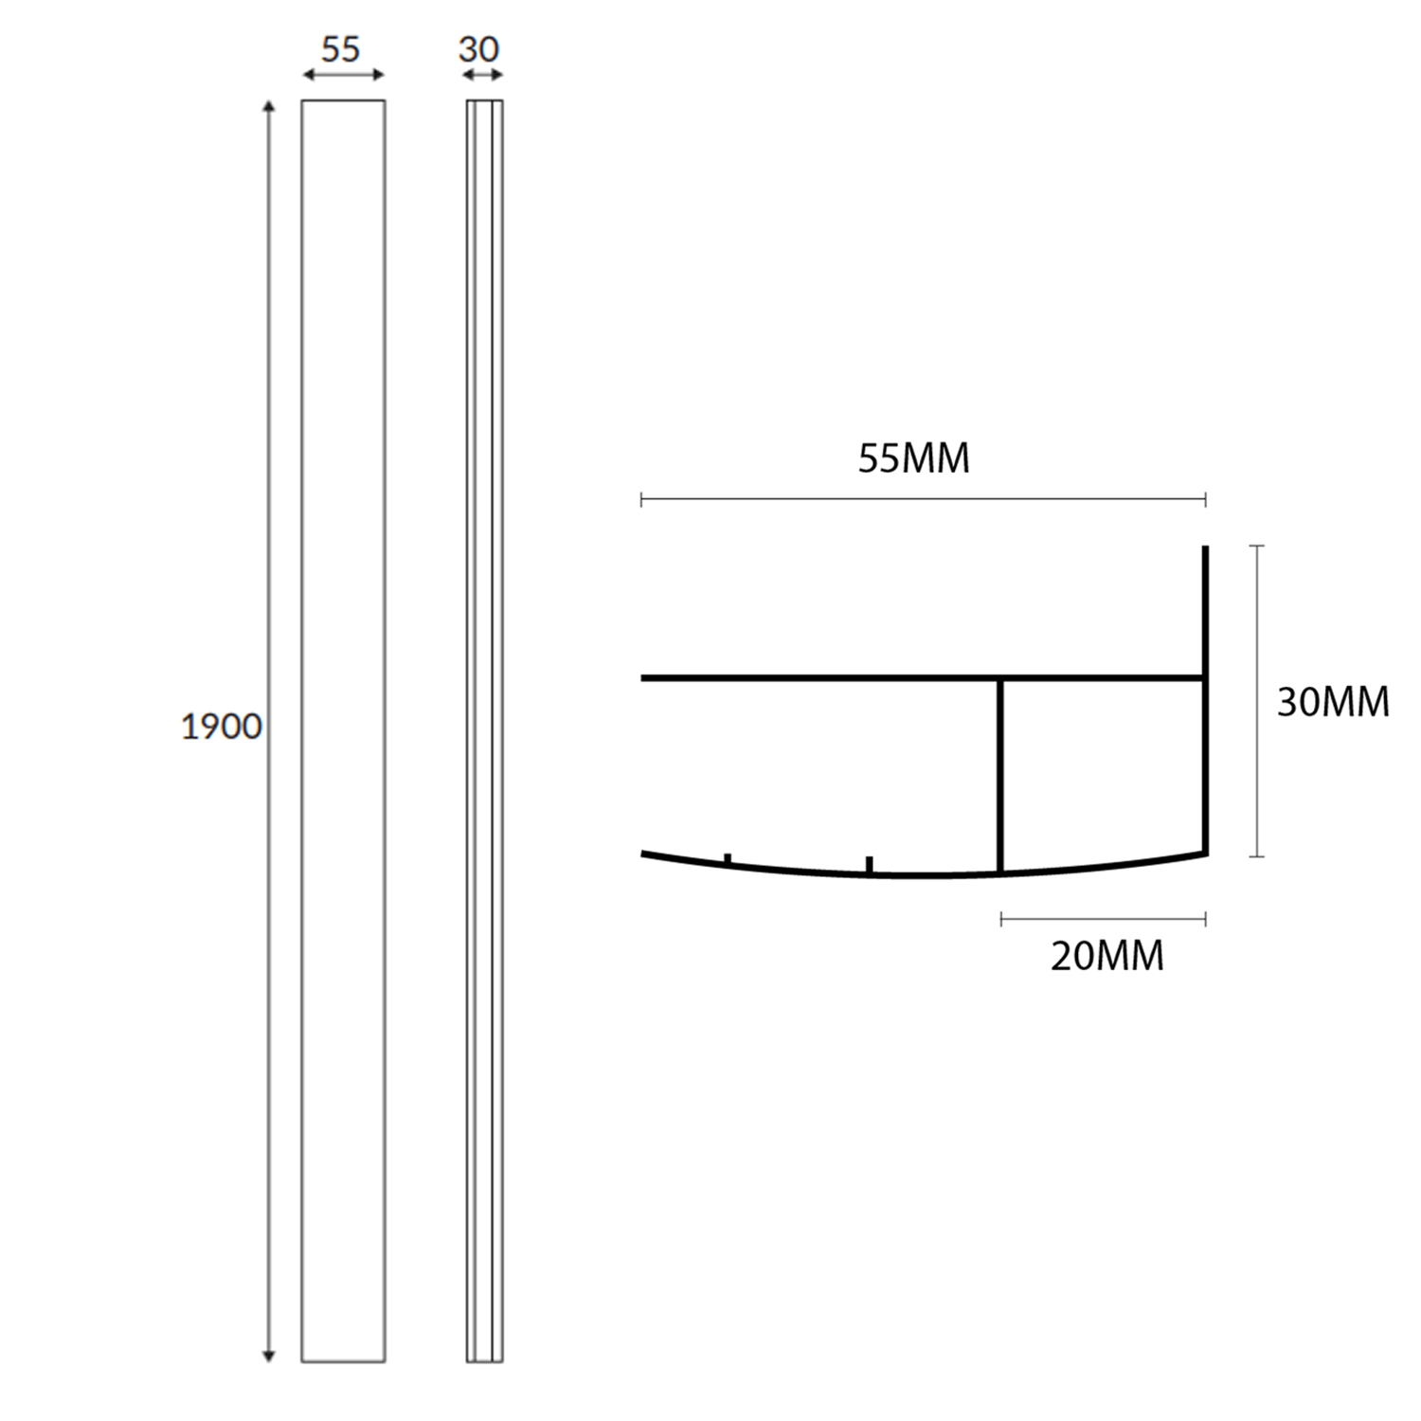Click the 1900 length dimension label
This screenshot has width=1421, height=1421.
click(221, 727)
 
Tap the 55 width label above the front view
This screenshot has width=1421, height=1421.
click(341, 49)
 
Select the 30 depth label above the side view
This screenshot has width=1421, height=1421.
click(478, 49)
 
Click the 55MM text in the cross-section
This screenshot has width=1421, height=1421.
click(914, 459)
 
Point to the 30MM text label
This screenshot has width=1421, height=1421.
click(1333, 702)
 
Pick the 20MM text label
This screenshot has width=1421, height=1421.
click(1106, 956)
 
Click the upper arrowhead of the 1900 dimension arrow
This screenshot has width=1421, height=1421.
click(269, 107)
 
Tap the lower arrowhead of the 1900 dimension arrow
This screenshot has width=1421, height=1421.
click(269, 1356)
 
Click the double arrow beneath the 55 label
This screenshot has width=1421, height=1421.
click(343, 75)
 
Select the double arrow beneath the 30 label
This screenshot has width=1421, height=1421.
click(483, 75)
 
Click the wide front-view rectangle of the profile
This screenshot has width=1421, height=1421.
click(343, 730)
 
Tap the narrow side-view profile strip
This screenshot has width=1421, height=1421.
click(484, 730)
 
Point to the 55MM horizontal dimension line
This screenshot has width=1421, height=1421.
click(924, 499)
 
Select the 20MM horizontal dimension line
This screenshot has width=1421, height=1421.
click(1103, 918)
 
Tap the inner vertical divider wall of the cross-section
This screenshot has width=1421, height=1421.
click(1000, 775)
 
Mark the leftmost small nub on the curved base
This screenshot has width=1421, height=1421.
click(728, 858)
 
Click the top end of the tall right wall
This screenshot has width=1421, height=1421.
click(1205, 550)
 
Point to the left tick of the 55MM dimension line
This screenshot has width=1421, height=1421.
click(642, 499)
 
